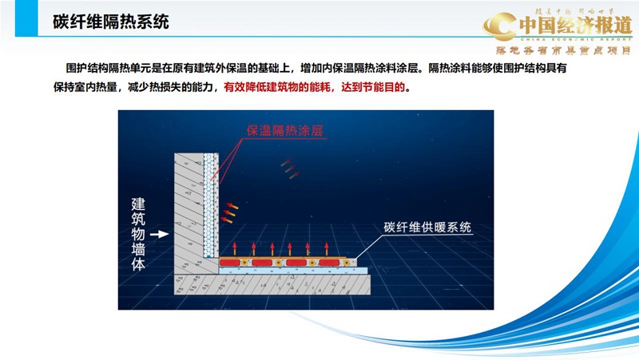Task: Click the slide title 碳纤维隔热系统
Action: pos(111,22)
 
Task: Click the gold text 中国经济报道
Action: pos(574,25)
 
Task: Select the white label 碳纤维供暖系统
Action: pos(428,227)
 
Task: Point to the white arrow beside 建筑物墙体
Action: pos(160,234)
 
